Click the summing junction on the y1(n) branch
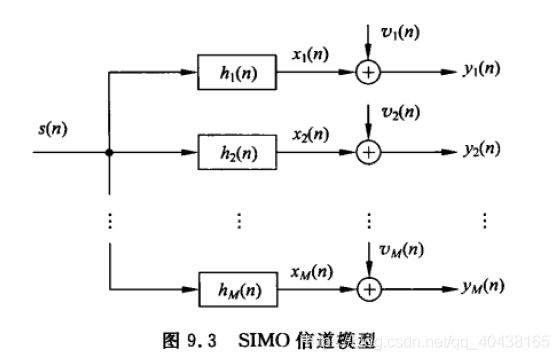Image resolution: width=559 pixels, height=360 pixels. (x=370, y=72)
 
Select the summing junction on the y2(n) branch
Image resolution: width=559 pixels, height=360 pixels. (x=370, y=152)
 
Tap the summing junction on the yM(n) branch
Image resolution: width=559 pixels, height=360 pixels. (x=370, y=290)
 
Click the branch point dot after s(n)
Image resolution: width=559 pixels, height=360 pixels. (x=108, y=153)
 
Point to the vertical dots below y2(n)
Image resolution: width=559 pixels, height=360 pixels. (x=485, y=220)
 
